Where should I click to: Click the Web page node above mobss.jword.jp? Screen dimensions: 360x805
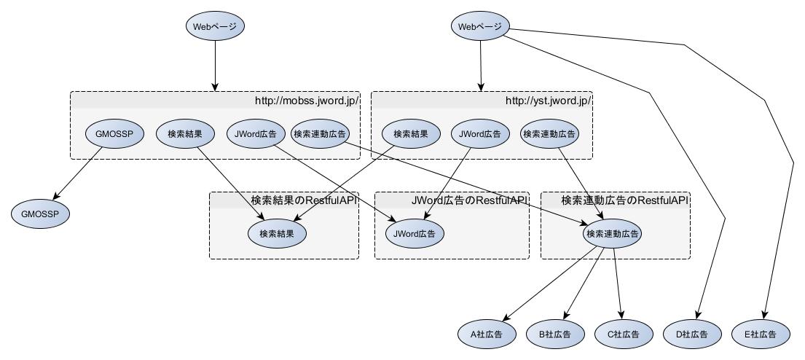point(215,27)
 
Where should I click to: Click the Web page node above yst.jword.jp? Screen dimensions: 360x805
point(480,27)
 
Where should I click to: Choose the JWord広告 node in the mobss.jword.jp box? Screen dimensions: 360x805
point(256,134)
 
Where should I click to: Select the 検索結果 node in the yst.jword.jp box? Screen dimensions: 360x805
point(412,134)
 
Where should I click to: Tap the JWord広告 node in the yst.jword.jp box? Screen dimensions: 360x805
point(479,134)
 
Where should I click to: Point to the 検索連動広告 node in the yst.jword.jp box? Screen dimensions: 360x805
point(549,134)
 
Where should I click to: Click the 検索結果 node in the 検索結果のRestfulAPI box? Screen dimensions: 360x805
point(277,234)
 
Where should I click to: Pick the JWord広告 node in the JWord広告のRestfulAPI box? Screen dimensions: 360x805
point(415,234)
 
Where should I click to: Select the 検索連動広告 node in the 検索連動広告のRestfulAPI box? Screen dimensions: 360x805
point(612,234)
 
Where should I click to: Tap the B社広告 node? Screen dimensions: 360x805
point(555,334)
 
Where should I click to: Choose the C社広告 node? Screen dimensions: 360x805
point(624,334)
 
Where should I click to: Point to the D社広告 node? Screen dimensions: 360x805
point(692,334)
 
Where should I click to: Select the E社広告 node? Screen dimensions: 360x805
point(760,334)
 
